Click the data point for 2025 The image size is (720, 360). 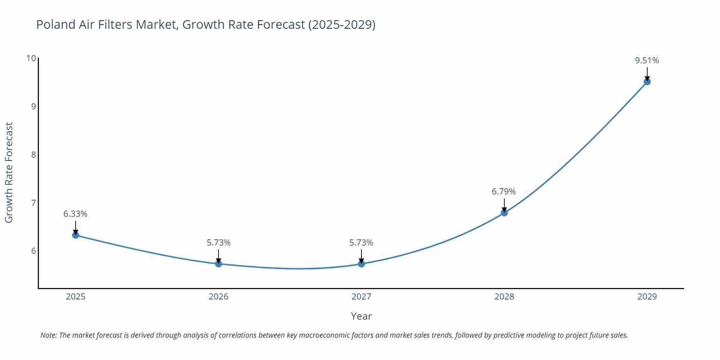[76, 235]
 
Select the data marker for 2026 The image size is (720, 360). [219, 264]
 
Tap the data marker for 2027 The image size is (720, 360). [361, 264]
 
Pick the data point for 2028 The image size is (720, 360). [504, 213]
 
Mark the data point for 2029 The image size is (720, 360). [647, 82]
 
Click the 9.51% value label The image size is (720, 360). [647, 60]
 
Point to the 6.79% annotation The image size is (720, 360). [504, 192]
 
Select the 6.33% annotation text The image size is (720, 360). [75, 214]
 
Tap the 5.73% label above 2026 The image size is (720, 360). [219, 243]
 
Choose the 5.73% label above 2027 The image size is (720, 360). [361, 243]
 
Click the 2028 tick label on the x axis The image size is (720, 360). [504, 297]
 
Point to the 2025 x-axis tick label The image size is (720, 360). [76, 297]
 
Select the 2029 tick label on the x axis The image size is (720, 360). [647, 297]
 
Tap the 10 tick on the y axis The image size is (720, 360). [31, 58]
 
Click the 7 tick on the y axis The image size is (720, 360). [33, 203]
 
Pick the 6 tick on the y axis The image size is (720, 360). [33, 251]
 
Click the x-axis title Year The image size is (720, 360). [361, 316]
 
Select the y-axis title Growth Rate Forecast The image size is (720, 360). [9, 172]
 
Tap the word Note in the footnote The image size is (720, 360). [48, 335]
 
